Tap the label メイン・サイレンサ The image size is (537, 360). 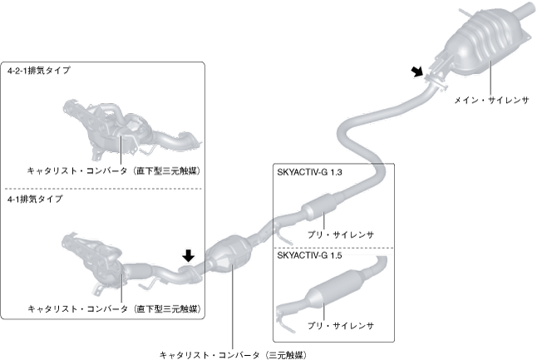pos(491,98)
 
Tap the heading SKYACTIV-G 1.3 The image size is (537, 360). pos(309,173)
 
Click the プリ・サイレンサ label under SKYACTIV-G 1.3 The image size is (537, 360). pos(340,235)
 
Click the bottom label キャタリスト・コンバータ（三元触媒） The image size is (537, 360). pos(232,354)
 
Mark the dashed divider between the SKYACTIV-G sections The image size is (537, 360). pos(333,247)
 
